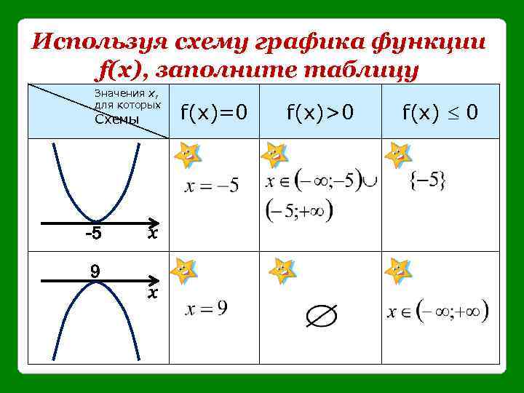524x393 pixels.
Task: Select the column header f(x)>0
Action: tap(319, 112)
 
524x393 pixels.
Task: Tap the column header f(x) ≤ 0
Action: tap(440, 112)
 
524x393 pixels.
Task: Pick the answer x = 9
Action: tap(207, 309)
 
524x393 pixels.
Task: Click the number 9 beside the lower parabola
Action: tap(95, 271)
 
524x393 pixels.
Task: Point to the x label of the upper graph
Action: tap(151, 234)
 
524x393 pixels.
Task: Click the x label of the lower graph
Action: tap(151, 293)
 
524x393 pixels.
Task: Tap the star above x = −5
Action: tap(188, 153)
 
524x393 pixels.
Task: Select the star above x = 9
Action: tap(183, 270)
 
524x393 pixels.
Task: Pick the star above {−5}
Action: tap(398, 154)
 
